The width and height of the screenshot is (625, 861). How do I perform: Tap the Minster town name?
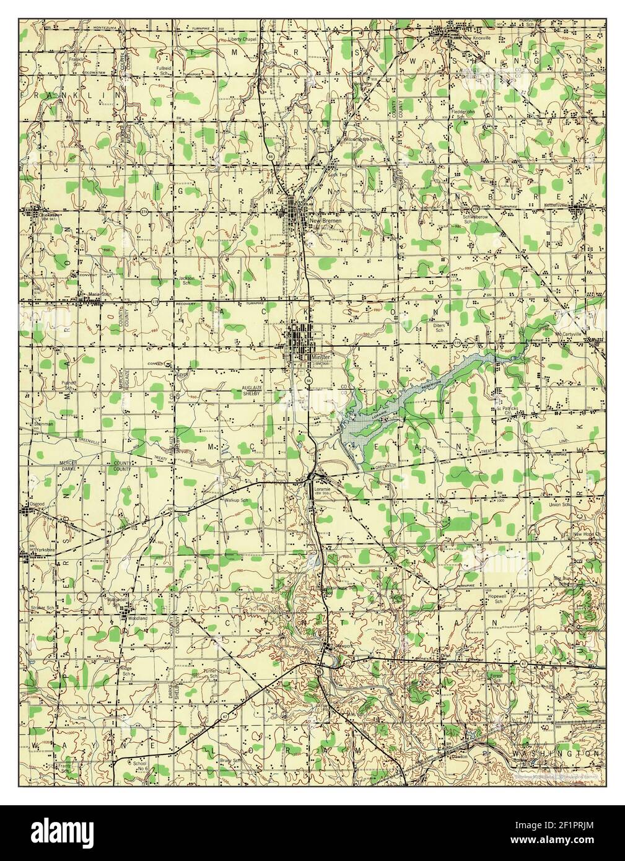[323, 357]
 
